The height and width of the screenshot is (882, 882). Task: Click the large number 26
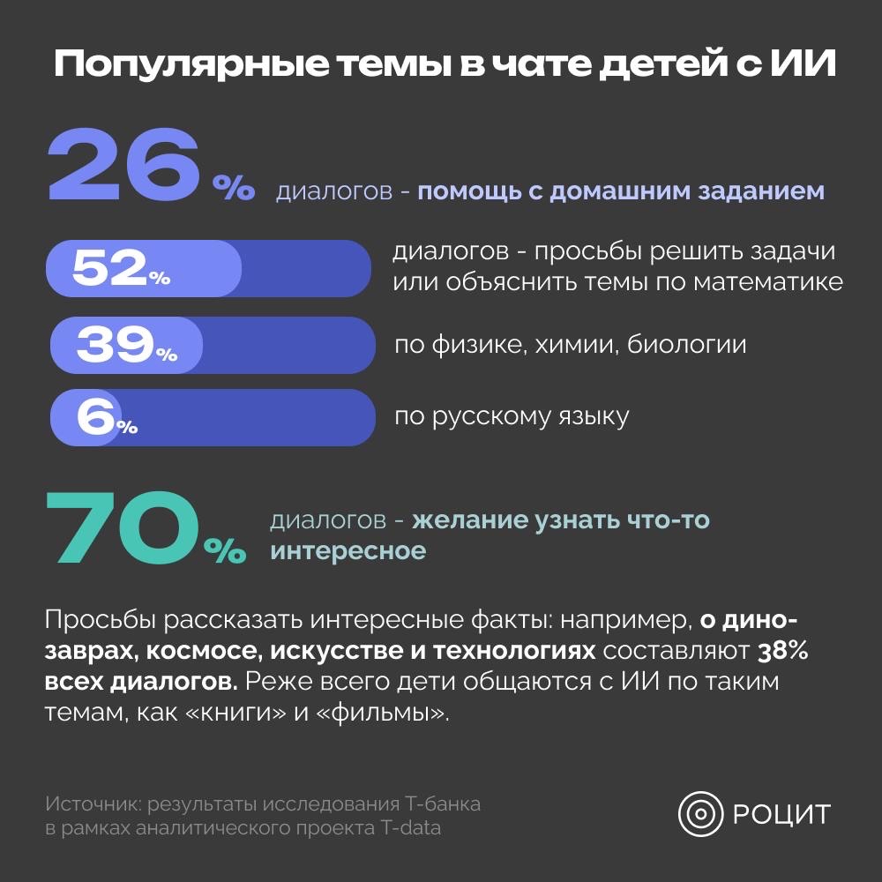click(x=124, y=164)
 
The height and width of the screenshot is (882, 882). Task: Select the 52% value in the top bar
click(x=121, y=268)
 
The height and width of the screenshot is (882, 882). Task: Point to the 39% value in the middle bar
click(x=126, y=345)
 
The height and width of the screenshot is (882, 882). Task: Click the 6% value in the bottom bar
click(x=107, y=417)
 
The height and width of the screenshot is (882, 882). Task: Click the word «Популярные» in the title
click(x=192, y=64)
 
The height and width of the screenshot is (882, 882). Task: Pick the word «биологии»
click(x=686, y=344)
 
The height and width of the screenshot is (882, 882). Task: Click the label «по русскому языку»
click(x=512, y=417)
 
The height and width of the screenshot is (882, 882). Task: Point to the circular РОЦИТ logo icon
click(x=700, y=813)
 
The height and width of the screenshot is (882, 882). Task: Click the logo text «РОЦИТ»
click(x=781, y=814)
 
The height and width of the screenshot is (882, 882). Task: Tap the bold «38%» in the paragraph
click(x=782, y=651)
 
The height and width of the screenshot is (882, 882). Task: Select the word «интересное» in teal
click(x=348, y=550)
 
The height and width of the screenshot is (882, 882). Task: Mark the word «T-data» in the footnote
click(x=411, y=828)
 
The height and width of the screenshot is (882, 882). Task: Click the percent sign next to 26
click(x=234, y=188)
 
